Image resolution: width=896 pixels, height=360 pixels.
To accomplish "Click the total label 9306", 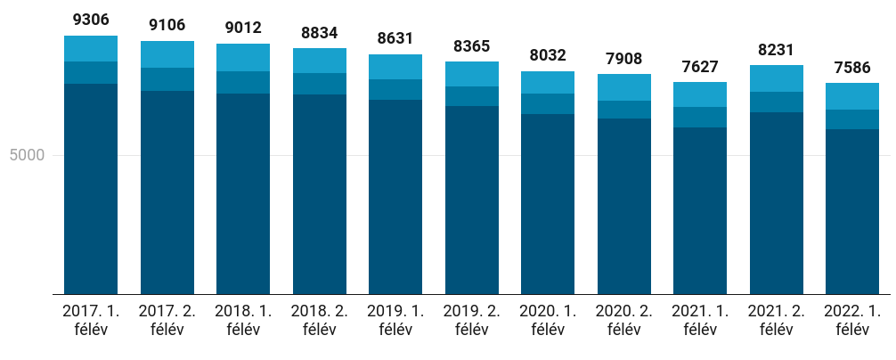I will (x=91, y=19).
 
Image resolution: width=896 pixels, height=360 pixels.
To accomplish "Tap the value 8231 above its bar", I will (x=777, y=50).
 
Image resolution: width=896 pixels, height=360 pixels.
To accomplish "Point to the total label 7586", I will (x=852, y=67).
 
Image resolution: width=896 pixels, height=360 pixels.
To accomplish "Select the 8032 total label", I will (x=548, y=55).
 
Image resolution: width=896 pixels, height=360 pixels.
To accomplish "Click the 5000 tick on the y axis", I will (x=27, y=155).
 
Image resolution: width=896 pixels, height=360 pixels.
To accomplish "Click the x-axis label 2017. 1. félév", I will (x=91, y=320).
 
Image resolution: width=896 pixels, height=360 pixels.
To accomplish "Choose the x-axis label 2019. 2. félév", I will (x=472, y=320).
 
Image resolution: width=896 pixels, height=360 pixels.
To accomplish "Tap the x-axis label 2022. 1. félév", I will (x=852, y=320).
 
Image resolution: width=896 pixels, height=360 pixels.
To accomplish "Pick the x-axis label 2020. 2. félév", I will (x=624, y=320).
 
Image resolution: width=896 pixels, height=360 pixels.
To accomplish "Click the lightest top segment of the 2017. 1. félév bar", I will (x=91, y=49).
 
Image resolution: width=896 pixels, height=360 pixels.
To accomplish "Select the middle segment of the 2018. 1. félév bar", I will (x=243, y=82).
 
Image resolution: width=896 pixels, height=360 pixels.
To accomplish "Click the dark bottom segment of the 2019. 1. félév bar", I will (x=395, y=196).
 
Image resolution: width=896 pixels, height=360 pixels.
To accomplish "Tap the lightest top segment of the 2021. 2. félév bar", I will (x=777, y=78).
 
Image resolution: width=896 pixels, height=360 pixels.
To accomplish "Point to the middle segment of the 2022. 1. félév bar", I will (x=852, y=119).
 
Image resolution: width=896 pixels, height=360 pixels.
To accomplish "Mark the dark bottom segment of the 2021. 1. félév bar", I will (x=700, y=210).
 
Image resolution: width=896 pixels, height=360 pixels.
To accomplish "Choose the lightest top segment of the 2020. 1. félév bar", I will (x=548, y=82).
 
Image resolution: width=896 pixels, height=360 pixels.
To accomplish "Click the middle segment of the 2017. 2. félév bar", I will (x=167, y=79).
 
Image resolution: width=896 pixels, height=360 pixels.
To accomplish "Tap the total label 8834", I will (x=320, y=33).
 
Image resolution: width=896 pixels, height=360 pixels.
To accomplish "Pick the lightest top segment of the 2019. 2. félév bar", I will (x=472, y=74).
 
